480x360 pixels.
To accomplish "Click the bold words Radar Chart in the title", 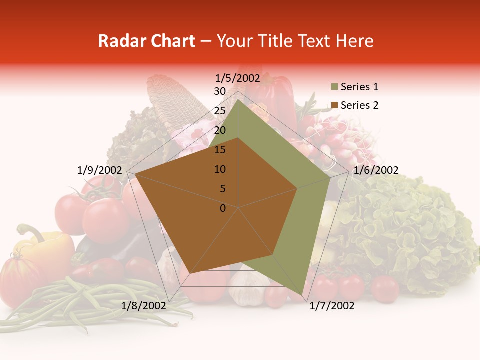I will (146, 41).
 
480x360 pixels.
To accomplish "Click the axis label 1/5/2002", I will (238, 78).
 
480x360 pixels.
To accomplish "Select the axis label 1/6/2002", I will (376, 170).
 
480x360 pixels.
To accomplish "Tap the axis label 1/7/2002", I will (332, 306).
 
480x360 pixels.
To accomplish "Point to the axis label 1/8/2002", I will (144, 306).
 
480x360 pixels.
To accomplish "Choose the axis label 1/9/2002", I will (100, 170).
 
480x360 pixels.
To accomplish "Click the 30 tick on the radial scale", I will (220, 91).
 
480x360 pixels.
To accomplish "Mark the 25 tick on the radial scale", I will (220, 111).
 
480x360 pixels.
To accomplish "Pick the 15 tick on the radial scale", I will (220, 150).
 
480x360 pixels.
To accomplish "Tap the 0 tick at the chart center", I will (223, 208).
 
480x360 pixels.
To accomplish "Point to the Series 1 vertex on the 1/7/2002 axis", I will (303, 295).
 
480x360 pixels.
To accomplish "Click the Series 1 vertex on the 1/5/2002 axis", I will (238, 100).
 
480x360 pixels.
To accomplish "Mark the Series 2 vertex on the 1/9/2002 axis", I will (135, 174).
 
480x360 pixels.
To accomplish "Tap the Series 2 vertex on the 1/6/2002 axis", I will (297, 188).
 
